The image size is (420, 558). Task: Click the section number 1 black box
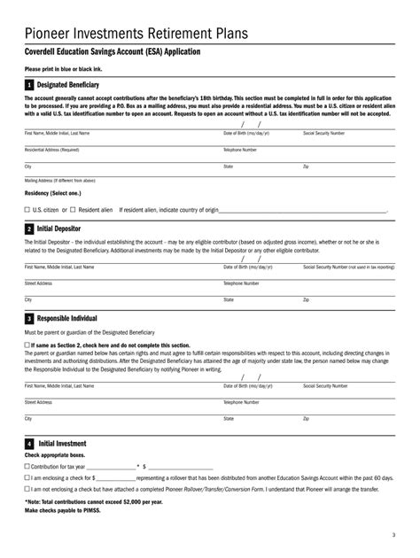(x=29, y=85)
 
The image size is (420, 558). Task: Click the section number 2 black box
(x=29, y=229)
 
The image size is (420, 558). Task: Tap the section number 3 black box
(x=29, y=318)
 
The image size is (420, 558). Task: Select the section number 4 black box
(x=29, y=443)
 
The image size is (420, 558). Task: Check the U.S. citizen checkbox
(x=27, y=210)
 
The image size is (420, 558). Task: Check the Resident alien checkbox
(x=73, y=210)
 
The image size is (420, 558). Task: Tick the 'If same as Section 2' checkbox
(x=27, y=344)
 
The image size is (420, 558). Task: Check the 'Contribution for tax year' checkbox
(x=27, y=465)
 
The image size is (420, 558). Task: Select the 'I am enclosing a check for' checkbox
(x=27, y=477)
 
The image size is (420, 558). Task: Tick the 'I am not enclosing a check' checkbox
(x=27, y=488)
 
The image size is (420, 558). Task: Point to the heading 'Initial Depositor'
(x=62, y=229)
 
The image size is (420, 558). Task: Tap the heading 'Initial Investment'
(x=61, y=443)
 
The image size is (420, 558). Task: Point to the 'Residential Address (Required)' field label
(x=53, y=150)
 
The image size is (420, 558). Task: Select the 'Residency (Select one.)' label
(x=52, y=193)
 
